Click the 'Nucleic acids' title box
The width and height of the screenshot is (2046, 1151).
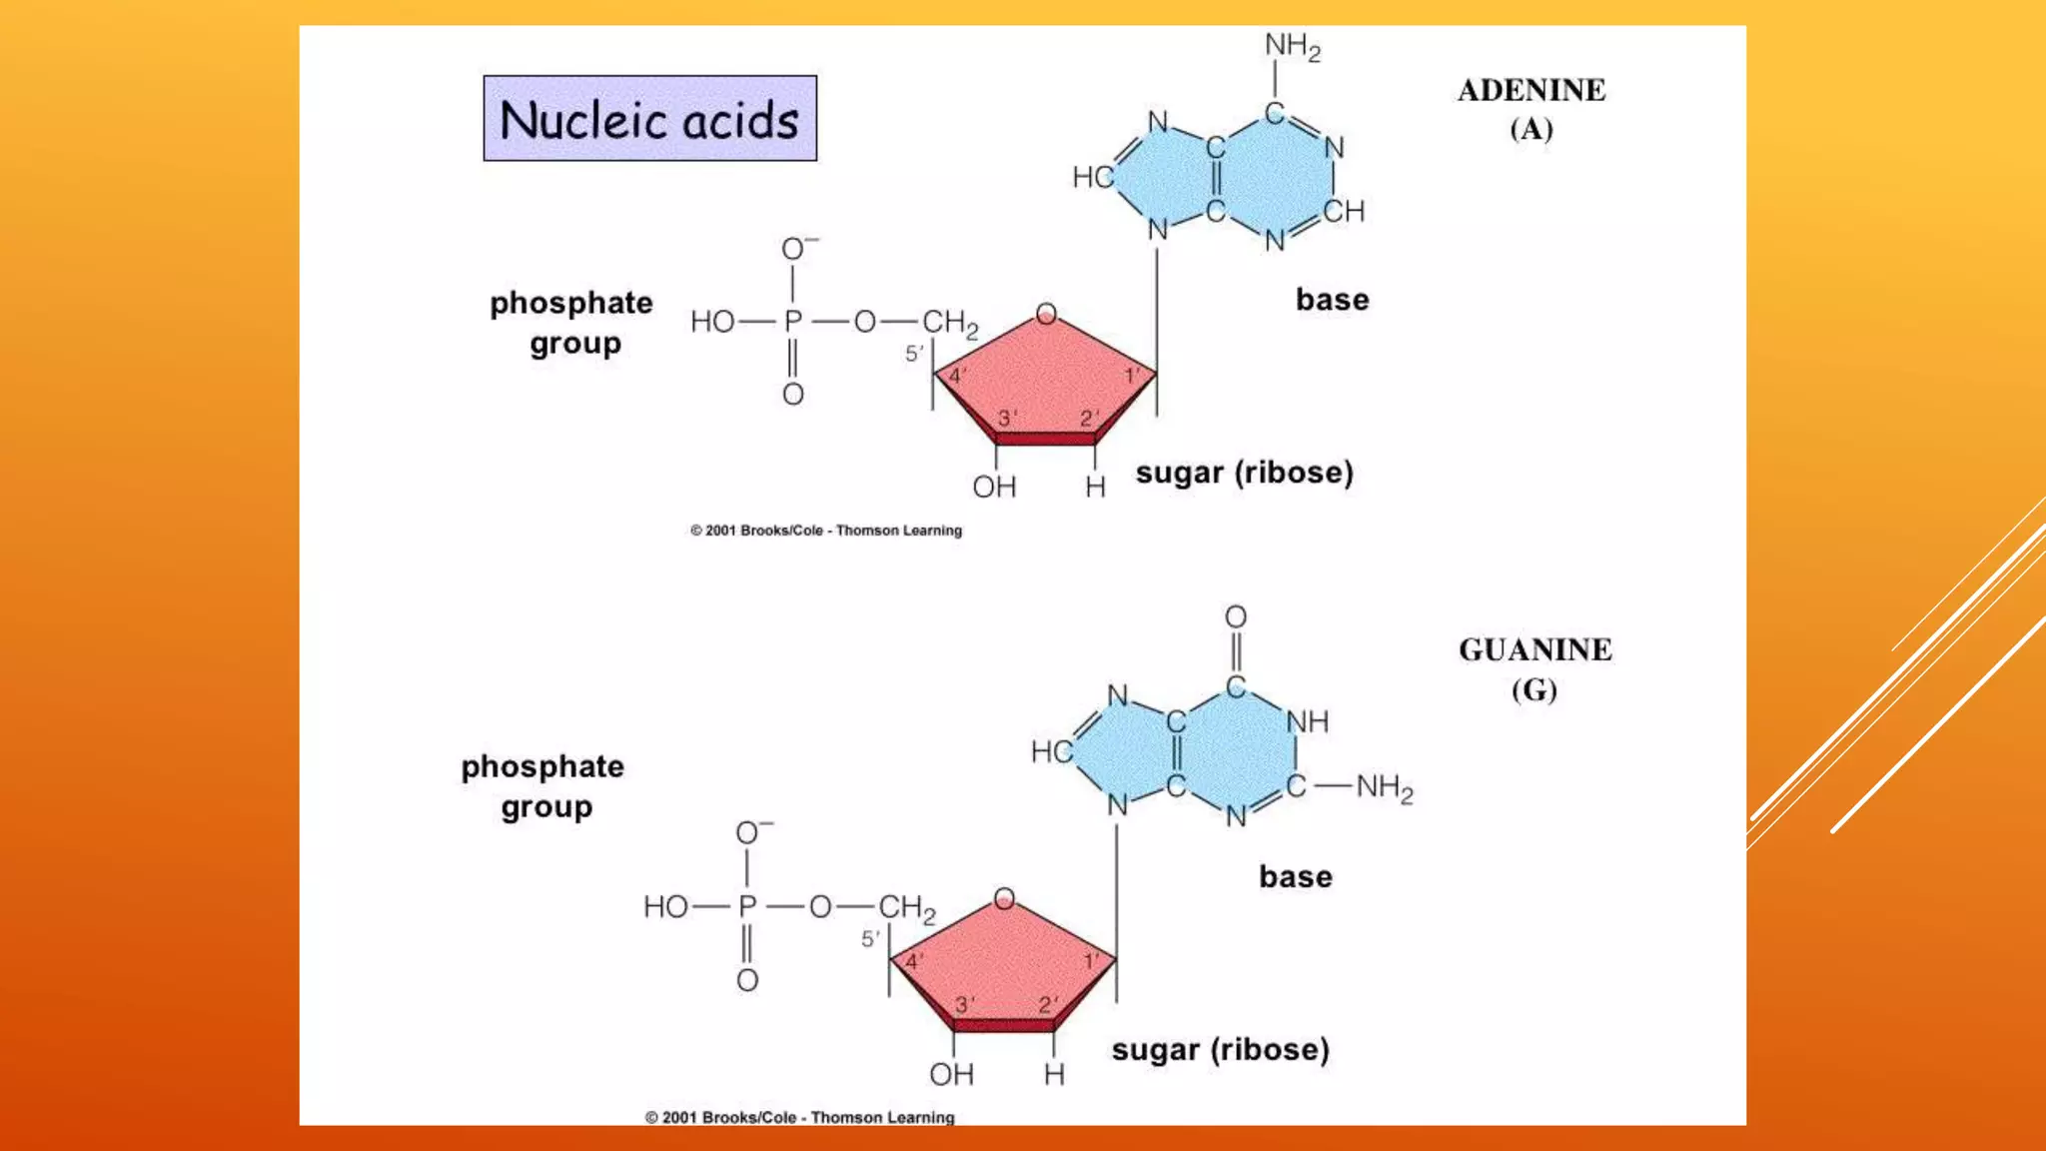pyautogui.click(x=649, y=119)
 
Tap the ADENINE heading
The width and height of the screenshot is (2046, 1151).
pyautogui.click(x=1531, y=91)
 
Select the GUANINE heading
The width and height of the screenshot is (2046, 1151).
pyautogui.click(x=1534, y=650)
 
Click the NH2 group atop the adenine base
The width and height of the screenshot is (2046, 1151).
pyautogui.click(x=1292, y=46)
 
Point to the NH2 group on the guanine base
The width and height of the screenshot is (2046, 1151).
pyautogui.click(x=1384, y=788)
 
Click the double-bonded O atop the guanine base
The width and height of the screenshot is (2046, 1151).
pyautogui.click(x=1236, y=616)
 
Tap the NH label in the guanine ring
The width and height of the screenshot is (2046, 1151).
pyautogui.click(x=1307, y=721)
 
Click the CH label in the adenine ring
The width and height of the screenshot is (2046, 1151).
pyautogui.click(x=1344, y=212)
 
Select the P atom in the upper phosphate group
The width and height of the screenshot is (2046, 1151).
pyautogui.click(x=793, y=322)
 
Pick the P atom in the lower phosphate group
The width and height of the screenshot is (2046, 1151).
pyautogui.click(x=747, y=907)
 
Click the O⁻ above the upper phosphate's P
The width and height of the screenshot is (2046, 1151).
pyautogui.click(x=797, y=248)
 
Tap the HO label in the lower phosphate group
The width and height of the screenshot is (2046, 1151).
pyautogui.click(x=665, y=907)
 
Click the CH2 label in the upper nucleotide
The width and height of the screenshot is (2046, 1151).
pyautogui.click(x=949, y=323)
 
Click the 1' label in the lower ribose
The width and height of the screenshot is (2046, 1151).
pyautogui.click(x=1092, y=961)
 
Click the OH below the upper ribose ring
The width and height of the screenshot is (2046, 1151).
pyautogui.click(x=994, y=488)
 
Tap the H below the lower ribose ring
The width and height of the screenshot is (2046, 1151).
pyautogui.click(x=1054, y=1075)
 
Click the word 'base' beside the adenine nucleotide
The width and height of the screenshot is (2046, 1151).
pyautogui.click(x=1332, y=300)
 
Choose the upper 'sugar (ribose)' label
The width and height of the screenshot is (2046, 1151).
pyautogui.click(x=1244, y=473)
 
